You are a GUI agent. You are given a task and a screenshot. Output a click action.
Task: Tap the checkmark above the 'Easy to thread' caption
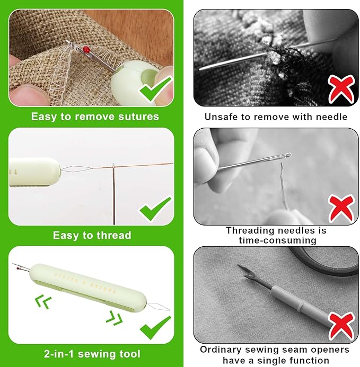(155, 209)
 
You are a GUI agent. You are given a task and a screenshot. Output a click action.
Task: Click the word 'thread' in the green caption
(113, 235)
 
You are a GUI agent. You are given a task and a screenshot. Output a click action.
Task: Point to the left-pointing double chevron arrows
(42, 302)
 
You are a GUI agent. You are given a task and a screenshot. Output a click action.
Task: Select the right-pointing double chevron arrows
(113, 318)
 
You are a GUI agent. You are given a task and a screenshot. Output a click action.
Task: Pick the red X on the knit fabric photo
(341, 89)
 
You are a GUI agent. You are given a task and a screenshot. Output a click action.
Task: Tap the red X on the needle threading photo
(341, 208)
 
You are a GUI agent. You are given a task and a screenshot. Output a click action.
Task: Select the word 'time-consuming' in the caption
(275, 240)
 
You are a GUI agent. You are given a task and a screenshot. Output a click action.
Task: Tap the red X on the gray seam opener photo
(341, 327)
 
